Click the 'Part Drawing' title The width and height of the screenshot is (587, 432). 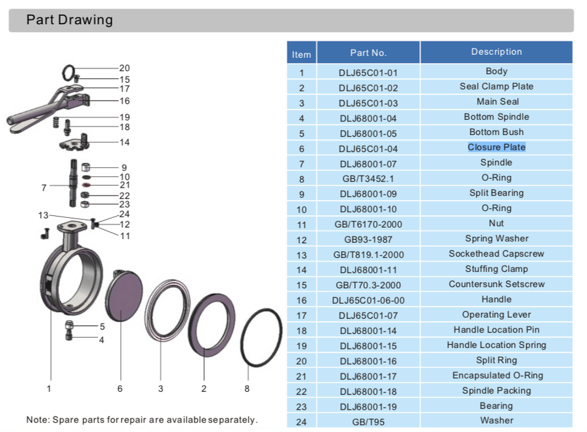click(x=69, y=20)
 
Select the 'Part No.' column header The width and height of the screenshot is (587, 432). click(x=368, y=53)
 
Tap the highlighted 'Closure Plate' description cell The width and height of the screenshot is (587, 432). click(x=496, y=147)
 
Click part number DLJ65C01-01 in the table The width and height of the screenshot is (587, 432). click(x=368, y=73)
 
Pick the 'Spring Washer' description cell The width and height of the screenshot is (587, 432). click(x=496, y=238)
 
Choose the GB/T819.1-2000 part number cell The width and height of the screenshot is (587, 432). click(x=368, y=255)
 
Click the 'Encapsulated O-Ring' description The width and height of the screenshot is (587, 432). click(x=497, y=375)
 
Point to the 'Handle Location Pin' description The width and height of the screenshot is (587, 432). click(x=496, y=330)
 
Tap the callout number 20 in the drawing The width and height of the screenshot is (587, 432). click(x=125, y=69)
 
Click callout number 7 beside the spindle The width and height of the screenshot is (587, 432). click(x=44, y=188)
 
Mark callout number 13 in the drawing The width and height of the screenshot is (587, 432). click(x=43, y=215)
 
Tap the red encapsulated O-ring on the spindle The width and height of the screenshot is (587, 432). click(x=87, y=185)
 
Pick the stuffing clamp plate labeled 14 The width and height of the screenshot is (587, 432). click(x=75, y=144)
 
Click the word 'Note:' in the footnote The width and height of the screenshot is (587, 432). click(x=38, y=420)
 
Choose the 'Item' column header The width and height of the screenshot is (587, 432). click(x=302, y=54)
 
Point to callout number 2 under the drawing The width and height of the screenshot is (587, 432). click(x=203, y=388)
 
